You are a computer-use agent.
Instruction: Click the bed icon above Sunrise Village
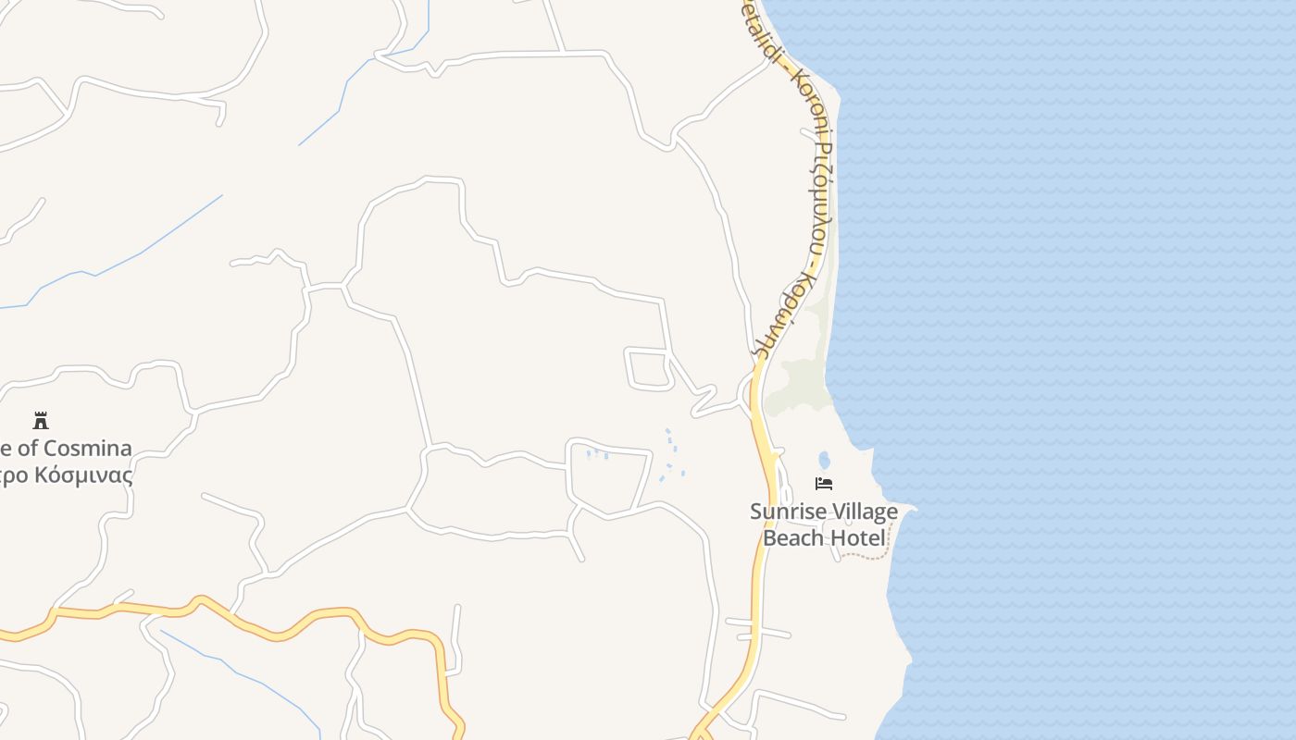pyautogui.click(x=824, y=484)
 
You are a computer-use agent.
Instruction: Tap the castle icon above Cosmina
pyautogui.click(x=41, y=421)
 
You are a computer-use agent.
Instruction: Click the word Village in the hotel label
pyautogui.click(x=863, y=512)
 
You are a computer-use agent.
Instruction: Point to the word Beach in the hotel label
pyautogui.click(x=792, y=536)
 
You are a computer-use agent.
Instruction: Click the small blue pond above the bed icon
pyautogui.click(x=824, y=460)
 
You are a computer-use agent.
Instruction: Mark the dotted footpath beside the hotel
pyautogui.click(x=870, y=556)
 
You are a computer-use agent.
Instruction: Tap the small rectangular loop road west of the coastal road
pyautogui.click(x=648, y=369)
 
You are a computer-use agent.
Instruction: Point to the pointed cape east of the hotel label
pyautogui.click(x=911, y=508)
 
